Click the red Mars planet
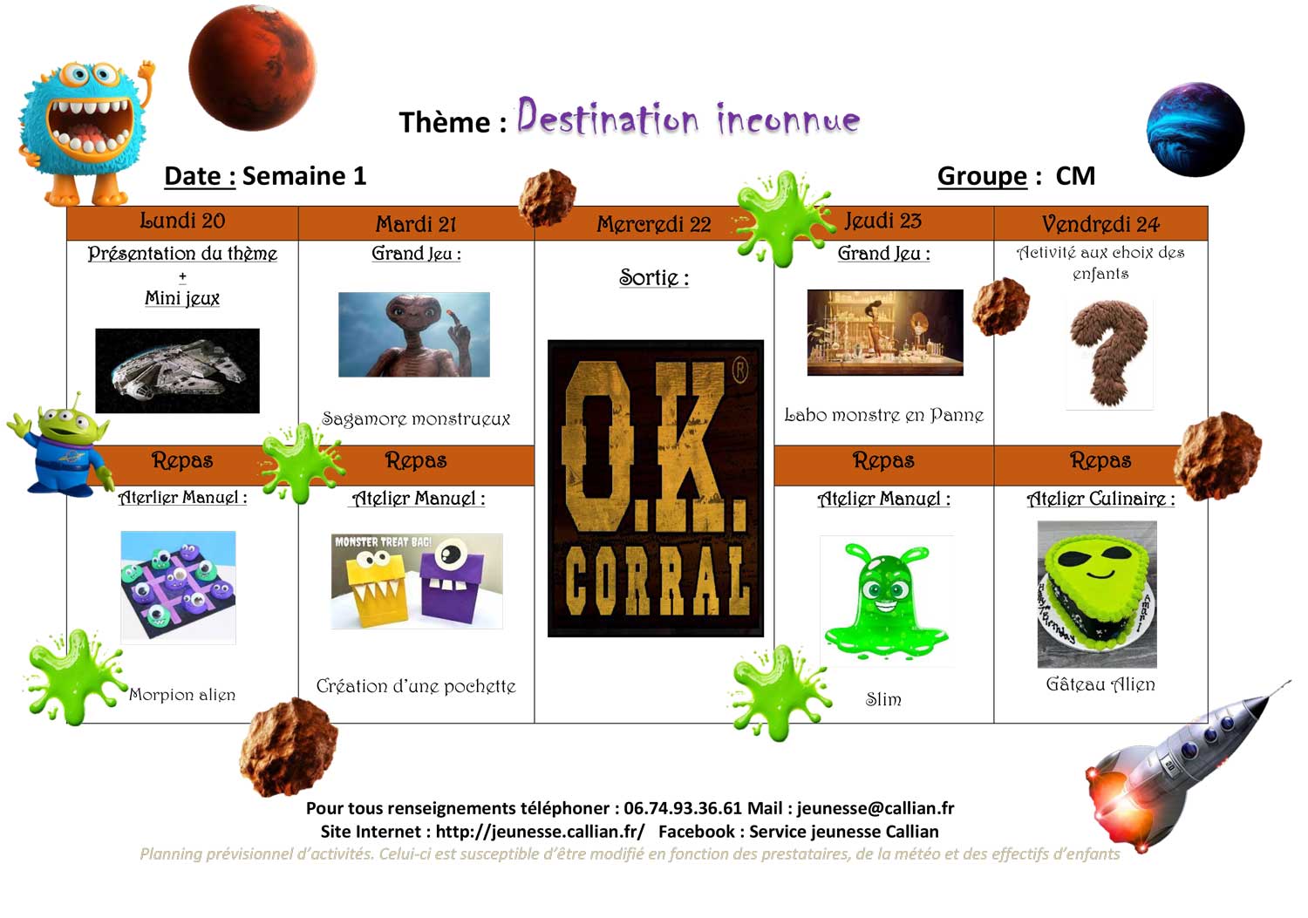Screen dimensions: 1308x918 pos(252,68)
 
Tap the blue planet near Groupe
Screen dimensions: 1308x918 pos(1196,130)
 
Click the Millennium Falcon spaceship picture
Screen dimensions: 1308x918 pos(178,371)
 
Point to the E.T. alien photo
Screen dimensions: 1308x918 pos(414,334)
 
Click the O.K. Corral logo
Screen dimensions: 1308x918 pos(655,488)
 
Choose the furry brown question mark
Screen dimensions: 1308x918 pos(1109,353)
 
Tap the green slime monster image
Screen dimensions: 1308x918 pos(887,602)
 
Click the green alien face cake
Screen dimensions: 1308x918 pos(1097,594)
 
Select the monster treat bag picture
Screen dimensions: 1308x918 pos(417,581)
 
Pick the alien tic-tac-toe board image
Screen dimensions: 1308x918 pos(178,587)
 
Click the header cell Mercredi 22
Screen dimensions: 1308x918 pos(654,224)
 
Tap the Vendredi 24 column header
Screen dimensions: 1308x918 pos(1100,224)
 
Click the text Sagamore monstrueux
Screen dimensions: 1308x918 pos(416,418)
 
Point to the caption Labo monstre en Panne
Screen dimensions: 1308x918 pos(884,415)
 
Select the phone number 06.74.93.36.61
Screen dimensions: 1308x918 pos(683,807)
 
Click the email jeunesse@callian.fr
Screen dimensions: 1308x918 pos(875,808)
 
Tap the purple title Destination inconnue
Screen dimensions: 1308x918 pos(689,117)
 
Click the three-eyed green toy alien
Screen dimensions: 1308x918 pos(60,445)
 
